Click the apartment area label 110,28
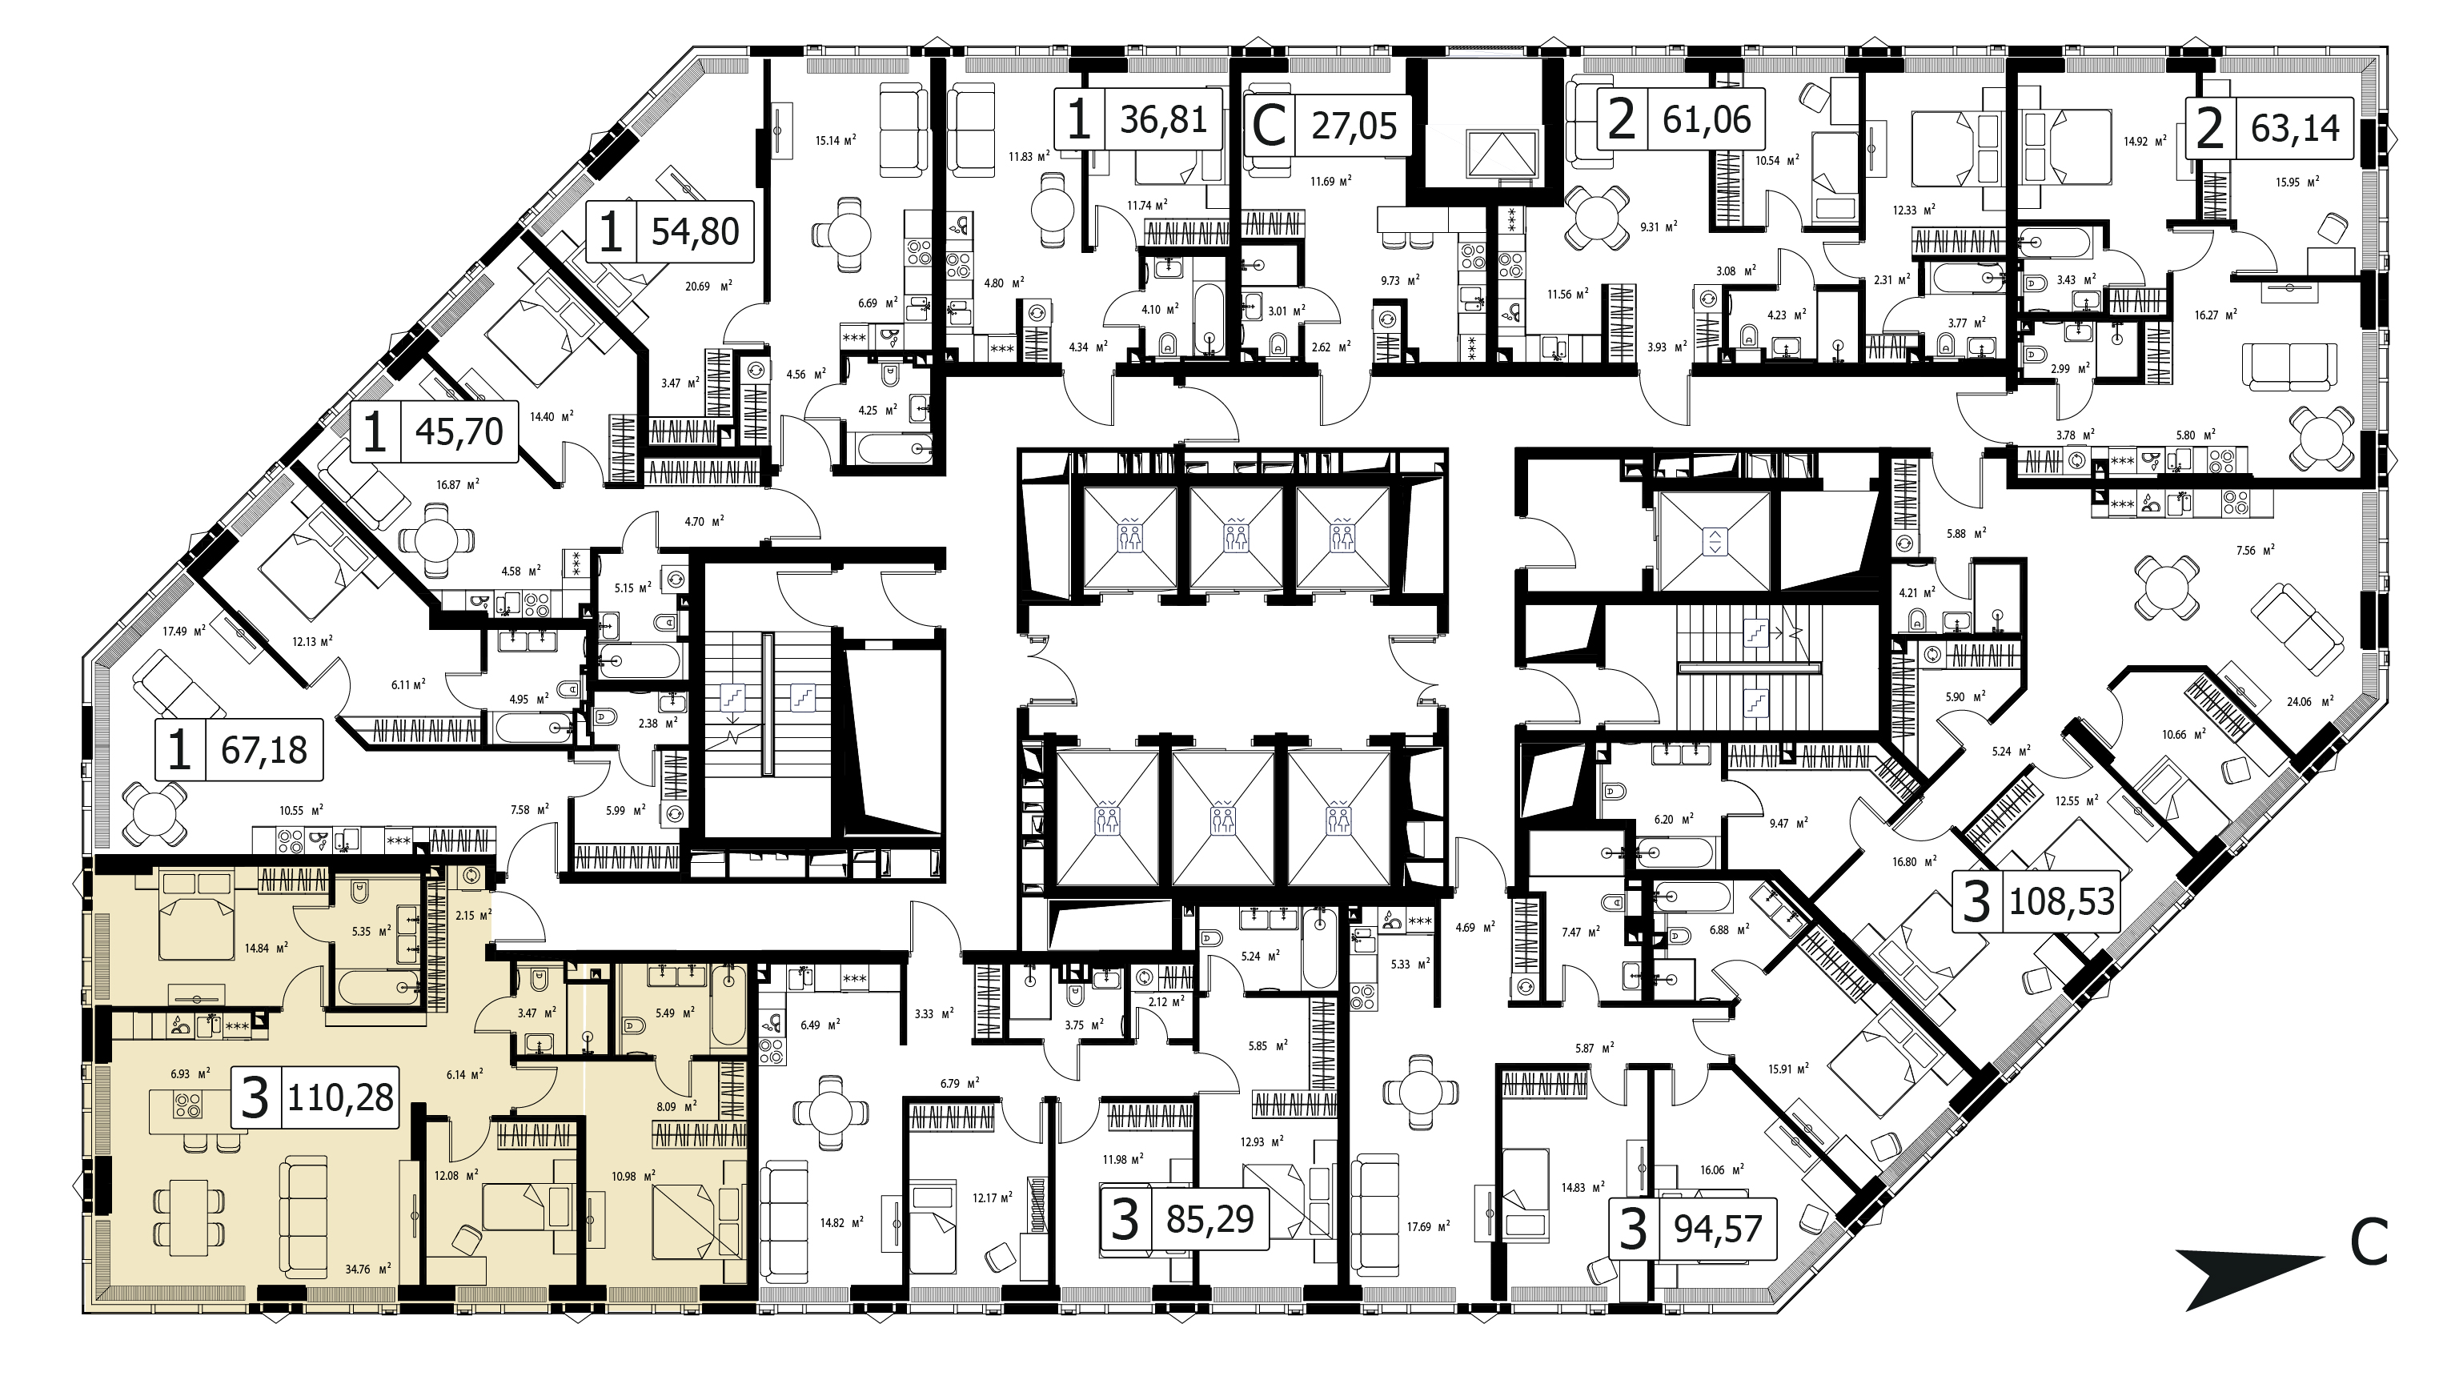340,1097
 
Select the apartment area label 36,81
1164,119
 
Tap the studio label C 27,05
1319,125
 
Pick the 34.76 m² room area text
371,1270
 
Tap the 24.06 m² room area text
2309,700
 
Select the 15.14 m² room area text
836,140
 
